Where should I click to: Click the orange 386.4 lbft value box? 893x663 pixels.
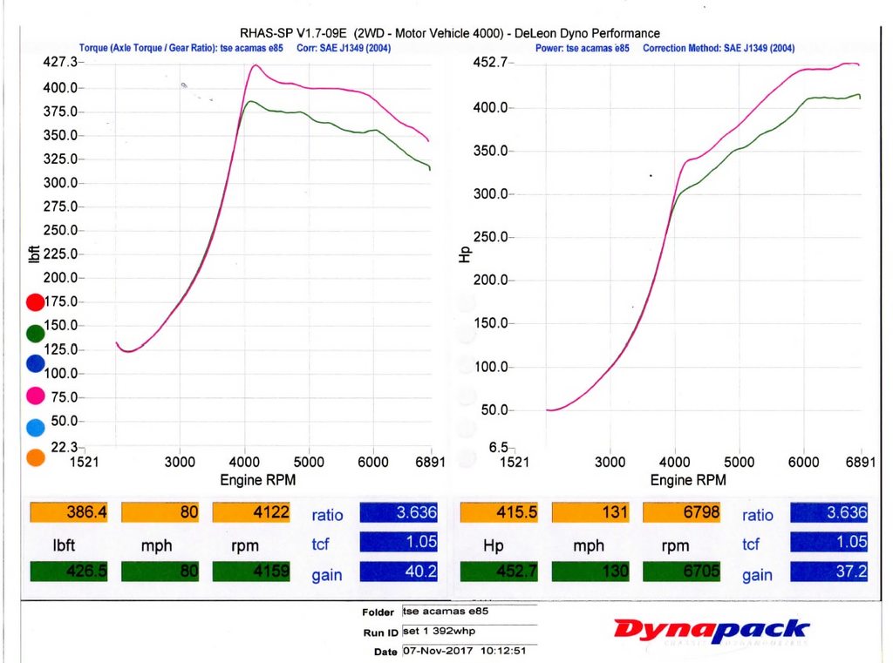tap(69, 513)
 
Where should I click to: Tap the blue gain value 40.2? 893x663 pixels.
tap(396, 573)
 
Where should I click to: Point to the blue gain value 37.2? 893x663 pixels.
tap(829, 573)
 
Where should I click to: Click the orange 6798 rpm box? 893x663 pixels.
tap(682, 513)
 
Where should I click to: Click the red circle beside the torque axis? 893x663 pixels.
tap(35, 302)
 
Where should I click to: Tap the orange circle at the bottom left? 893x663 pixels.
tap(35, 457)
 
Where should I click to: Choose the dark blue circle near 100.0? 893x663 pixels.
tap(35, 364)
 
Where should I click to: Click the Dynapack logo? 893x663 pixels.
tap(712, 630)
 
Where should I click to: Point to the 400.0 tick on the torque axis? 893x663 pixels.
tap(60, 88)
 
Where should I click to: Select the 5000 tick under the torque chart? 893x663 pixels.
tap(309, 462)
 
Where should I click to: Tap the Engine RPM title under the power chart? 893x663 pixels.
tap(684, 480)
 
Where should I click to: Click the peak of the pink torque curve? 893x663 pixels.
tap(255, 65)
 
